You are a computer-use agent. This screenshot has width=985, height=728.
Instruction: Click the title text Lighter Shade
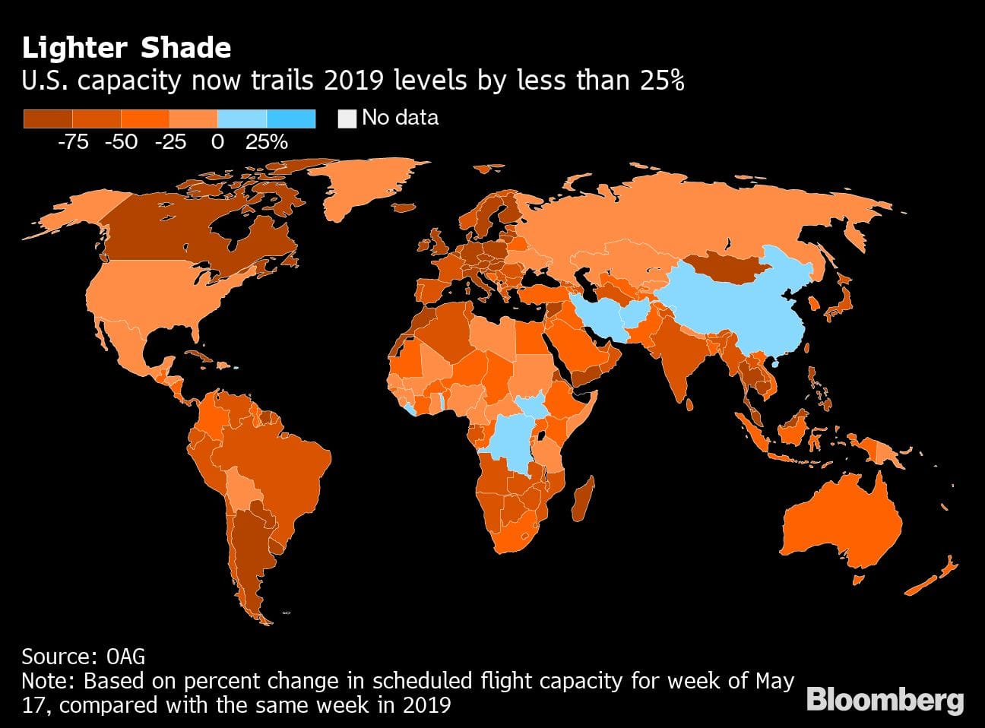(x=126, y=48)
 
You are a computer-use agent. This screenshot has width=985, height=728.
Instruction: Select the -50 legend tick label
(x=121, y=142)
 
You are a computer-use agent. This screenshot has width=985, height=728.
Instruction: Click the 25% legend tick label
(x=266, y=142)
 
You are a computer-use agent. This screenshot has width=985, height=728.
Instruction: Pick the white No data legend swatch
(x=347, y=119)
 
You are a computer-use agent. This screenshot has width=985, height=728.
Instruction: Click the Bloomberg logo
(x=885, y=699)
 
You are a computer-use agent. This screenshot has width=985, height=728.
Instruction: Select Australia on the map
(x=844, y=524)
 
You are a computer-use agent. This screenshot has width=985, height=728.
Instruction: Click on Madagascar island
(x=584, y=498)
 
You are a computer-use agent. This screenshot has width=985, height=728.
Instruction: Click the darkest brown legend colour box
(x=48, y=119)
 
